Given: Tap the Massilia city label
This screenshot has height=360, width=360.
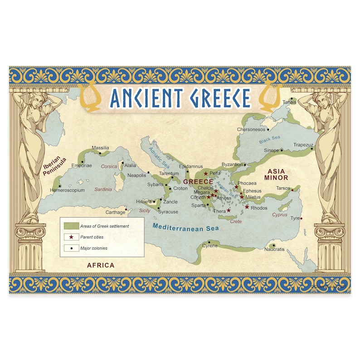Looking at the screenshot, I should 100,148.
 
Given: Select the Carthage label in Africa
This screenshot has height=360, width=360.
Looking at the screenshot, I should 115,212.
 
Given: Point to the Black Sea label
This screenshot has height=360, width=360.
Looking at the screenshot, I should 270,140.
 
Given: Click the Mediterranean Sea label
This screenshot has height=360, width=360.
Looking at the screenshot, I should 185,227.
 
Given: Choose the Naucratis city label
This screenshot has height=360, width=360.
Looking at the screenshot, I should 274,249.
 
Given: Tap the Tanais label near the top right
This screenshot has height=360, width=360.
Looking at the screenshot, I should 289,102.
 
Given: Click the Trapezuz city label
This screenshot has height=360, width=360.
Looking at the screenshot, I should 303,145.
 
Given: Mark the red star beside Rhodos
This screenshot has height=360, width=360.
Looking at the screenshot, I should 247,207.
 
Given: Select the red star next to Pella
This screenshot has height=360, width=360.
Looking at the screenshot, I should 206,174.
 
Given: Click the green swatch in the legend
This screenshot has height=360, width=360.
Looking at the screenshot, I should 71,226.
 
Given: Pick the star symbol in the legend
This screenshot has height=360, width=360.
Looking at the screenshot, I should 71,237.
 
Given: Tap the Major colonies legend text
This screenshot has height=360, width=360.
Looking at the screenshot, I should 94,248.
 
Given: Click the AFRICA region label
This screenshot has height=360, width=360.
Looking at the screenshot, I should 101,265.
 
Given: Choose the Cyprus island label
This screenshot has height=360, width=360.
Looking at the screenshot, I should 280,215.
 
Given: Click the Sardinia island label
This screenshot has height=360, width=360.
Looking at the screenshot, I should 103,190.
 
